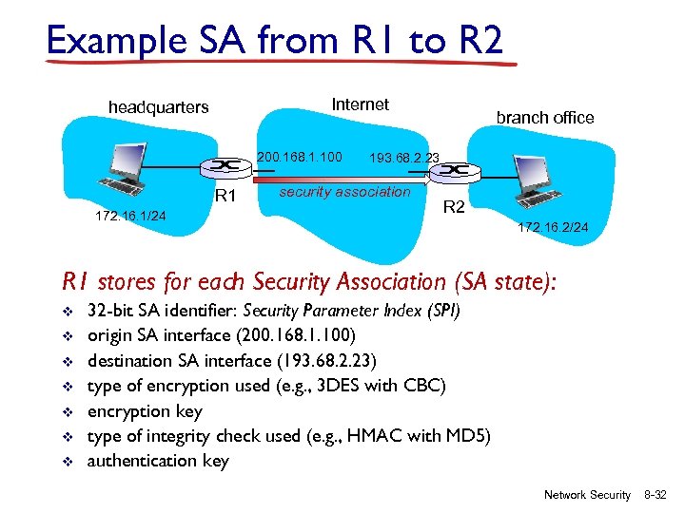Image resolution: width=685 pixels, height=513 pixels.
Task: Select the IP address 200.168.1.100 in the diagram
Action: pyautogui.click(x=300, y=155)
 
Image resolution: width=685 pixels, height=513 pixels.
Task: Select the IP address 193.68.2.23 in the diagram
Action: pyautogui.click(x=403, y=159)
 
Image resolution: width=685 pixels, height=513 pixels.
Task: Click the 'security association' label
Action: pyautogui.click(x=344, y=192)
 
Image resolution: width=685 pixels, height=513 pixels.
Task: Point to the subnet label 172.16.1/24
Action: pyautogui.click(x=130, y=216)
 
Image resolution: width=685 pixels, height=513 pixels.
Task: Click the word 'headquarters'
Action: pyautogui.click(x=158, y=107)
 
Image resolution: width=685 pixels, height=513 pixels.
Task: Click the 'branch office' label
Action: pyautogui.click(x=544, y=118)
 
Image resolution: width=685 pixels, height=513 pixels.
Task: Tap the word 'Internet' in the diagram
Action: pyautogui.click(x=360, y=104)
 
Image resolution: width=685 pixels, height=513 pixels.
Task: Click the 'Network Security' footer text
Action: pyautogui.click(x=587, y=495)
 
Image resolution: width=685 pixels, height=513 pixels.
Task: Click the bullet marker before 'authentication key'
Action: pyautogui.click(x=67, y=462)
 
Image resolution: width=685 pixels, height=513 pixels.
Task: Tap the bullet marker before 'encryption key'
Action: pyautogui.click(x=67, y=411)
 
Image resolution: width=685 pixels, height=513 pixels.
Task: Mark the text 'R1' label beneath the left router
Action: pyautogui.click(x=225, y=198)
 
